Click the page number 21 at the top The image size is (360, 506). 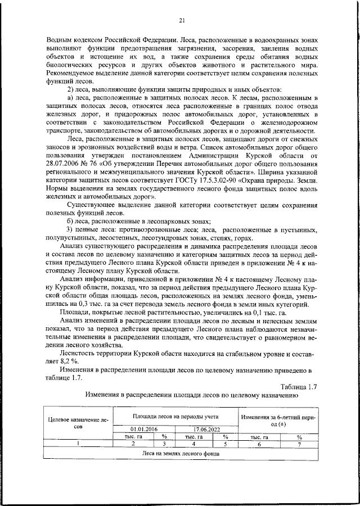182,21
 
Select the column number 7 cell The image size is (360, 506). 299,444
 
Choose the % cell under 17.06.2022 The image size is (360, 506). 224,436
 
